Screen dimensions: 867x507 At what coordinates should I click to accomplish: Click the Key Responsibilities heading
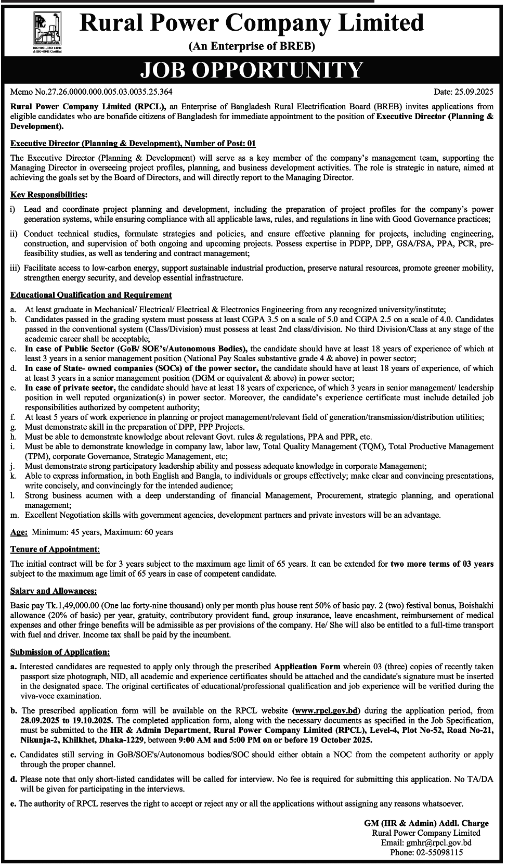(48, 195)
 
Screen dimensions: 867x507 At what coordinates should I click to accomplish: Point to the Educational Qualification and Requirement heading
(91, 295)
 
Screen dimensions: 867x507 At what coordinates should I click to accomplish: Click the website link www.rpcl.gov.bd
(327, 710)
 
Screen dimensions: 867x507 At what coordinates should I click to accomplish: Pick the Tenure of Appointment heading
(54, 549)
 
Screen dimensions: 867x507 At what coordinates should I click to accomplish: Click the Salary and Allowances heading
(54, 591)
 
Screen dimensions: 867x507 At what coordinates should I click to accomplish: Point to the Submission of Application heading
(60, 652)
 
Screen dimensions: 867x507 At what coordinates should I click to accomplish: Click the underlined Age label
(19, 532)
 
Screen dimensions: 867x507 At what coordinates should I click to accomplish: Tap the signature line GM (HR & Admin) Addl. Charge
(426, 823)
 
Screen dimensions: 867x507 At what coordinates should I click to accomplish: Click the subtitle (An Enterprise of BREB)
(252, 47)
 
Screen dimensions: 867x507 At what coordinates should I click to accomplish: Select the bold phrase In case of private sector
(69, 388)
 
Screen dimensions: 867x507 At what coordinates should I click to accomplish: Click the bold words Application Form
(307, 666)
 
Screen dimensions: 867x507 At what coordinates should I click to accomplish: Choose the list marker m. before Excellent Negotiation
(15, 515)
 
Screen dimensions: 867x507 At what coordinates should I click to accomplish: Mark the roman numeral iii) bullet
(15, 268)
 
